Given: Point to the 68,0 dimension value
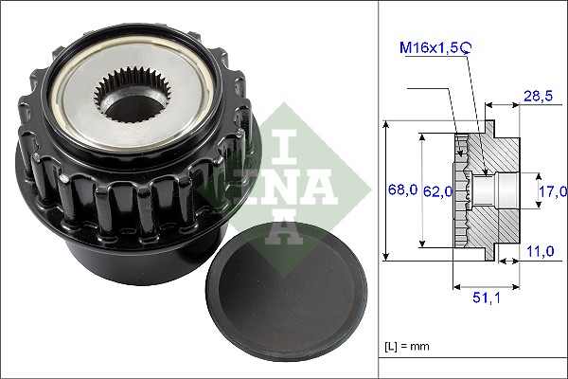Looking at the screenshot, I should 403,190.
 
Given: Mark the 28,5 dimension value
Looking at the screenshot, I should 540,97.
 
